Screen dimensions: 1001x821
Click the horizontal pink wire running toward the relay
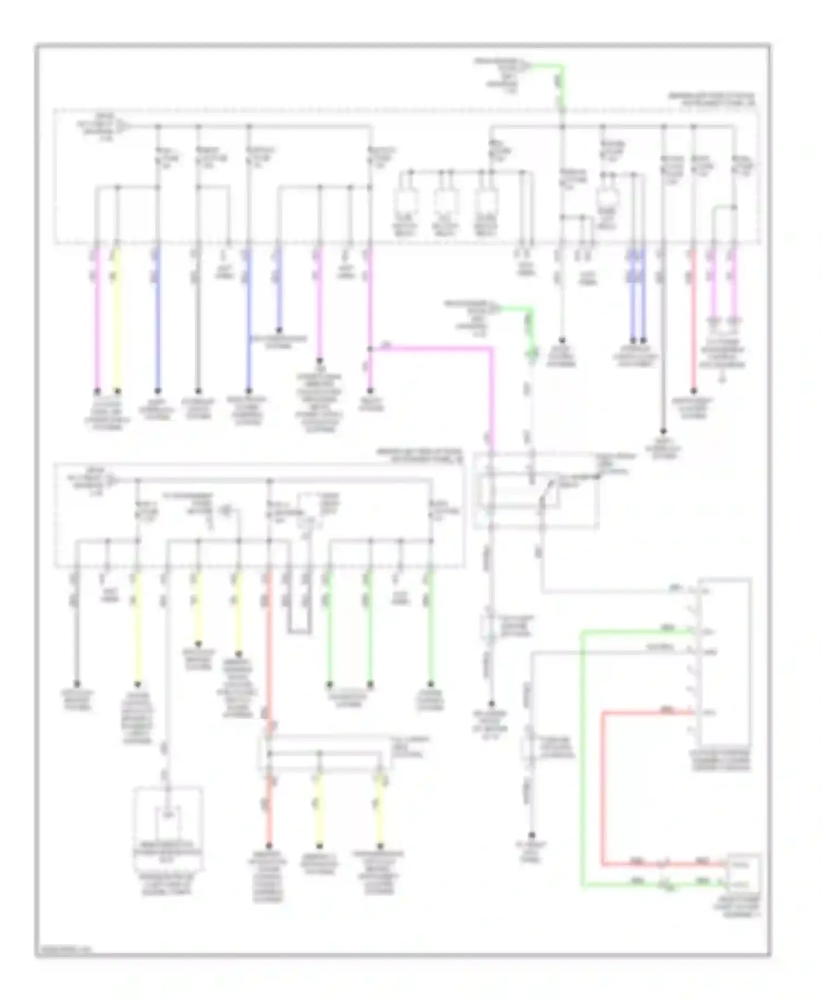click(x=432, y=347)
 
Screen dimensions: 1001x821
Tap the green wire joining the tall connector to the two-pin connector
click(x=582, y=756)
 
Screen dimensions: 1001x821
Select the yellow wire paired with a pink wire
click(x=116, y=323)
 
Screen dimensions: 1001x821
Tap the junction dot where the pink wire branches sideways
click(x=371, y=348)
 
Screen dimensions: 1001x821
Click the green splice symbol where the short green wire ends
click(x=530, y=356)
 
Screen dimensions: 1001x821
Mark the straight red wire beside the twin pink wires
click(x=693, y=323)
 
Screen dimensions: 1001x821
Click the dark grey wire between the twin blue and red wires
click(x=663, y=340)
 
